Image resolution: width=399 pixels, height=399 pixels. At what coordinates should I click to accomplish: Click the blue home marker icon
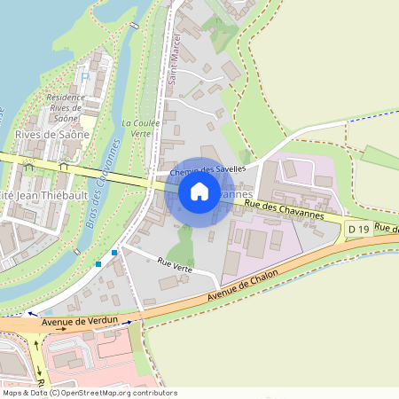click(199, 192)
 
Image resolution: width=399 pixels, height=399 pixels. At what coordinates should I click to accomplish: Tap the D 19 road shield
click(358, 230)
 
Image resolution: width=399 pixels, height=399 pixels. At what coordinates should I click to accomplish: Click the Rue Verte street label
click(175, 262)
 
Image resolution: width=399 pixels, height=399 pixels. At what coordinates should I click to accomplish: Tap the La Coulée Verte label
click(137, 128)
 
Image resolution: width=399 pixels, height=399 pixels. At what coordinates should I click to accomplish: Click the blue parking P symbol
click(85, 77)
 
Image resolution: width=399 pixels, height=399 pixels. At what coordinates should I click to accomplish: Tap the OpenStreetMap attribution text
click(89, 393)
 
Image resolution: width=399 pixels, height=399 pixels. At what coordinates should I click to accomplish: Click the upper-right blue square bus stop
click(114, 253)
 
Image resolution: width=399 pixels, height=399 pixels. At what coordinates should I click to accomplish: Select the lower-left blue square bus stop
click(98, 263)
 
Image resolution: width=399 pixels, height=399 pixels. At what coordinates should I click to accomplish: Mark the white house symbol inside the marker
click(199, 191)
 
